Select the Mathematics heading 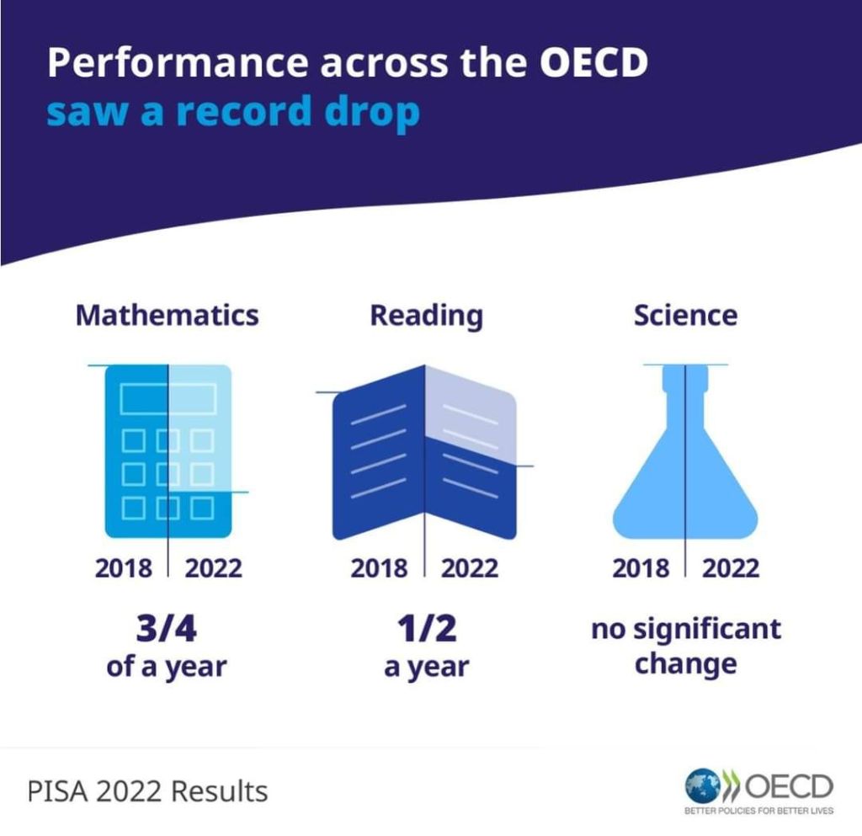[167, 316]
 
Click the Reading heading [427, 316]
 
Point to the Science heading [685, 316]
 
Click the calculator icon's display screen [168, 397]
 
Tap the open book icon [424, 455]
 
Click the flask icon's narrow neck [685, 387]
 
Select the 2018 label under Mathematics [124, 567]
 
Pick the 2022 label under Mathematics [213, 567]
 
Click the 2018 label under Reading [379, 567]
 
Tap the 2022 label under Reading [470, 567]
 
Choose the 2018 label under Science [641, 567]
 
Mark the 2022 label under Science [731, 567]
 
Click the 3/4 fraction [167, 629]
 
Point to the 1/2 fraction [426, 629]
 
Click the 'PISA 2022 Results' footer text [147, 791]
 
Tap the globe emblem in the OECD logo [700, 785]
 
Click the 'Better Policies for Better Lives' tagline [758, 812]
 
